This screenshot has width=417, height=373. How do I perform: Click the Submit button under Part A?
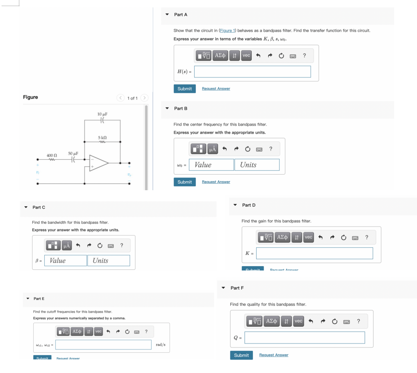[x=184, y=89]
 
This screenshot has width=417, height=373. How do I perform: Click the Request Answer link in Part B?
[x=216, y=182]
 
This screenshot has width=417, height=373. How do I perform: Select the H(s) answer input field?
[x=252, y=72]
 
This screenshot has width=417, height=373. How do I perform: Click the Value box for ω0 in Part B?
[x=211, y=165]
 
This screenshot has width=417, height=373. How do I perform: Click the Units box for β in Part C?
[x=109, y=261]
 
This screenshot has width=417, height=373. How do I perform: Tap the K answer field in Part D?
[x=314, y=253]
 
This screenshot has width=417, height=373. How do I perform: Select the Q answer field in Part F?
[x=304, y=337]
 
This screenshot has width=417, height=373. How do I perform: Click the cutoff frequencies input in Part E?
[x=103, y=345]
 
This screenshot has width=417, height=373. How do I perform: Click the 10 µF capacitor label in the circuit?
[x=102, y=114]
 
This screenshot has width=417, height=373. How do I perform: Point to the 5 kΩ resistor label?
[x=102, y=138]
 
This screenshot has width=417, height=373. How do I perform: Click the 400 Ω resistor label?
[x=52, y=155]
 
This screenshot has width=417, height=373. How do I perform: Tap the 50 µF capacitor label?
[x=73, y=153]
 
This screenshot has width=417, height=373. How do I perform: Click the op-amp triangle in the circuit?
[x=98, y=163]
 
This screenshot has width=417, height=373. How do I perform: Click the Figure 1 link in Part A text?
[x=227, y=31]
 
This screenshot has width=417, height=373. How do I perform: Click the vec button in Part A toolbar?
[x=246, y=56]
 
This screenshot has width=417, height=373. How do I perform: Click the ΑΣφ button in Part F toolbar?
[x=271, y=321]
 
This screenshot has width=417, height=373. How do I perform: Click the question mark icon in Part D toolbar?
[x=367, y=237]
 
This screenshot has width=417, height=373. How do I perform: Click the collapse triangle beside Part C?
[x=26, y=207]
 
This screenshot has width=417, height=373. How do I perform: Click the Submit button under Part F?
[x=241, y=355]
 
